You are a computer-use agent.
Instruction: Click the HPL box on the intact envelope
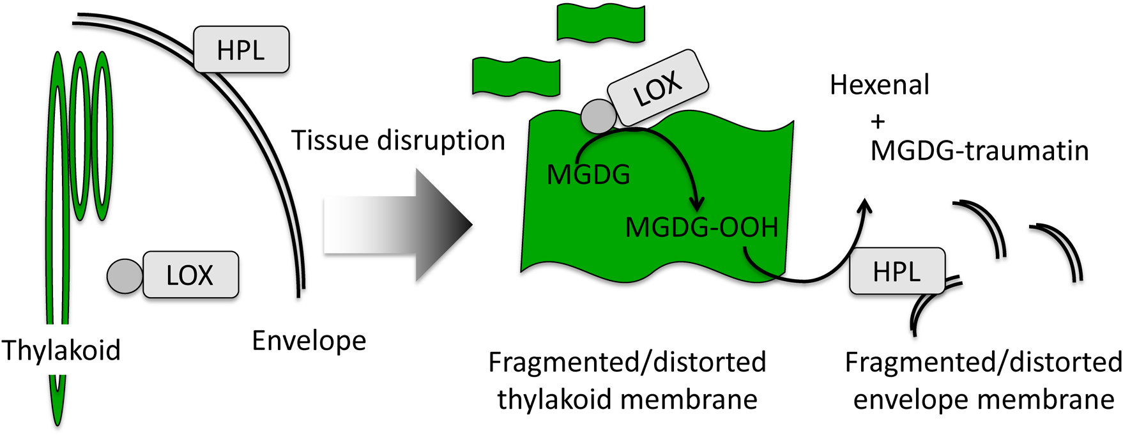coord(241,50)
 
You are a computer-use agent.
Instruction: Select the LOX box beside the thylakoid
coord(190,275)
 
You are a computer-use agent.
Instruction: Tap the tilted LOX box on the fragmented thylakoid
coord(657,88)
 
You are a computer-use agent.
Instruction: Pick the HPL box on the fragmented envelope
coord(896,271)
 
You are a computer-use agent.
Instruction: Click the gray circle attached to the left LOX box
coord(125,276)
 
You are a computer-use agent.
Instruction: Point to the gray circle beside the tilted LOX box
coord(599,116)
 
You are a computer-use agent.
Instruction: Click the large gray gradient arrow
coord(397,225)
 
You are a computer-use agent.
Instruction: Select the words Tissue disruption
coord(398,141)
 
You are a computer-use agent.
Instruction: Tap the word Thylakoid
coord(61,350)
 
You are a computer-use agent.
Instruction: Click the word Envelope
coord(309,340)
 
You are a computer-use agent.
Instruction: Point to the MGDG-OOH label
coord(701,227)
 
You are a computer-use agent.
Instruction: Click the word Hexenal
coord(879,85)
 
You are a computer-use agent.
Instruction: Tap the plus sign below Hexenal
coord(878,121)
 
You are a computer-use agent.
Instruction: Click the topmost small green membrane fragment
coord(600,22)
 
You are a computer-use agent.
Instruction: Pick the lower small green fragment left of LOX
coord(516,77)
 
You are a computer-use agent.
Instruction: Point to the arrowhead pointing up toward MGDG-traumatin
coord(866,206)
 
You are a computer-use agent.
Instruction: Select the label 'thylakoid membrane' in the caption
coord(627,400)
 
